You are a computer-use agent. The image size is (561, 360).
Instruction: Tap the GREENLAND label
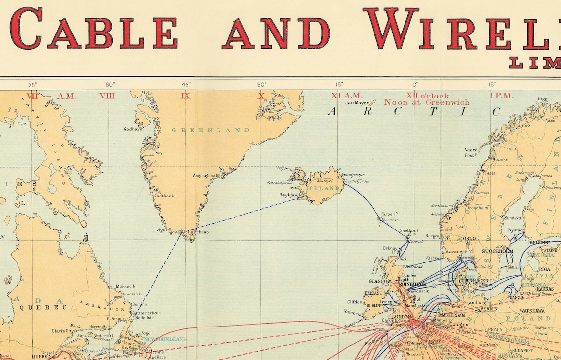[210, 130]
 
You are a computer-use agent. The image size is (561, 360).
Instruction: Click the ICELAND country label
[323, 188]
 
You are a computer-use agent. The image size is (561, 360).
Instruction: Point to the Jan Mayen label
[357, 103]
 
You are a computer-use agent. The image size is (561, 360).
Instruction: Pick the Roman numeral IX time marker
[185, 96]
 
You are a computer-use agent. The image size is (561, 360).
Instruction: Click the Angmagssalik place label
[207, 175]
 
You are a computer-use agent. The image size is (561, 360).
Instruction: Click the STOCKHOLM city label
[498, 251]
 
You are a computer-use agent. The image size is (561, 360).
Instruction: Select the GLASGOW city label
[379, 281]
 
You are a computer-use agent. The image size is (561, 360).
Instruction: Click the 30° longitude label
[261, 84]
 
